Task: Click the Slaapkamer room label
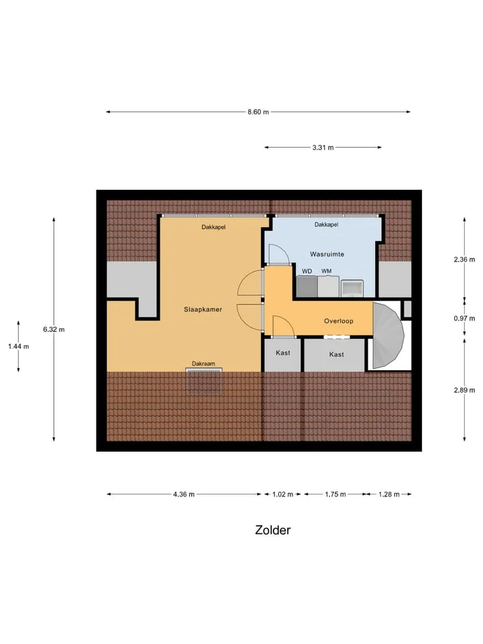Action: [203, 309]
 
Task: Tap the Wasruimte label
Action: [327, 254]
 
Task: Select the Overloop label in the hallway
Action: [338, 321]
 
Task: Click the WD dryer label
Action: [307, 271]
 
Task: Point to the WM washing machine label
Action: [327, 271]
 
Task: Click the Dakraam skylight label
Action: [203, 364]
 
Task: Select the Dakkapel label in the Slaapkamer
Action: [213, 227]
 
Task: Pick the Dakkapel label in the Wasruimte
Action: [327, 224]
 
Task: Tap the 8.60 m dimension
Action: [258, 112]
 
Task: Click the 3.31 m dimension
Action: [323, 148]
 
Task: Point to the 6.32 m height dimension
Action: [54, 329]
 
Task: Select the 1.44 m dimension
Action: [19, 346]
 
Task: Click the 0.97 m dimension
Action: [464, 318]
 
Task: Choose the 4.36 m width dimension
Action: [184, 494]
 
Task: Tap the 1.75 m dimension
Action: [335, 494]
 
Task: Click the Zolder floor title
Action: [273, 530]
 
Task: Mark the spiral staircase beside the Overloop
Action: [388, 335]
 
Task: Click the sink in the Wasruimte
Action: [352, 288]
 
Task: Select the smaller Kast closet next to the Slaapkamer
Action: [282, 355]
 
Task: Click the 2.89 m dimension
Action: [464, 390]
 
